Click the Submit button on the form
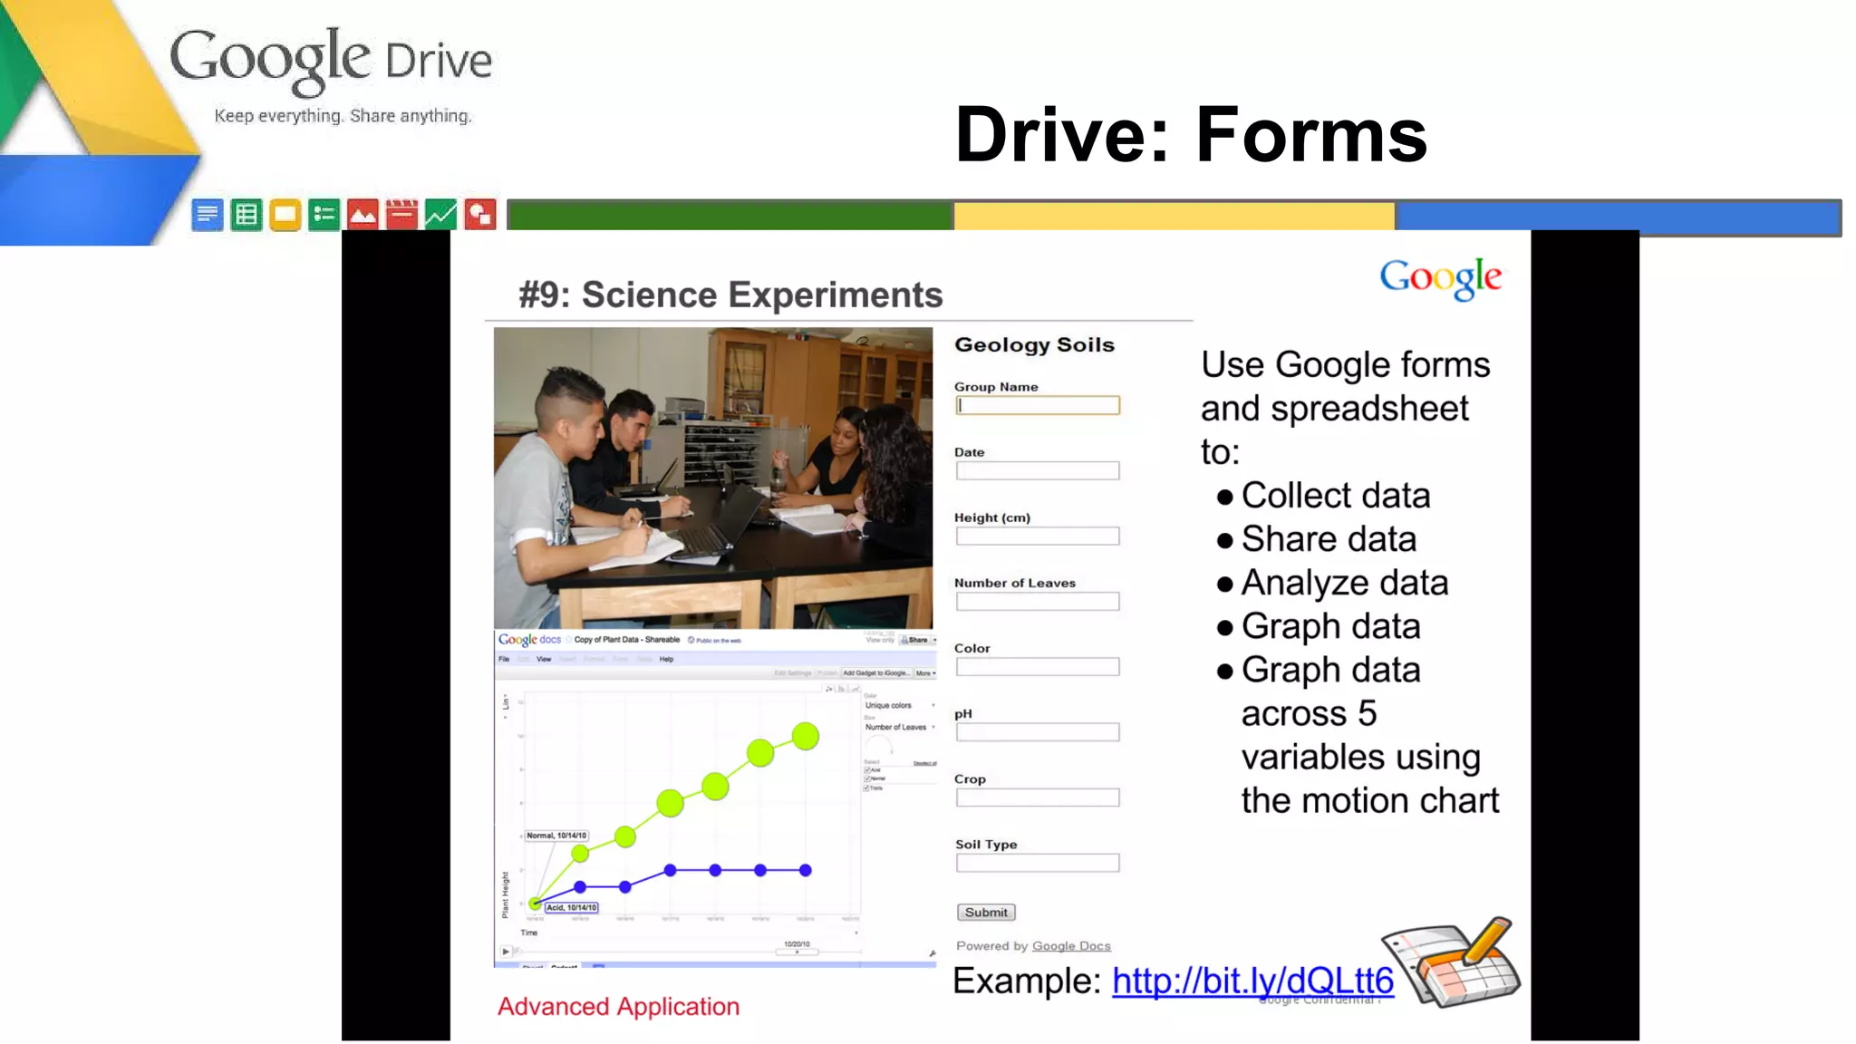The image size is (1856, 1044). [x=986, y=913]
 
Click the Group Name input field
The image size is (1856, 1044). [x=1038, y=406]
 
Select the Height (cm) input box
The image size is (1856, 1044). [x=1038, y=536]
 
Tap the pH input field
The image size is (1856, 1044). [x=1038, y=732]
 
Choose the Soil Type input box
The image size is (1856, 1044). [x=1038, y=863]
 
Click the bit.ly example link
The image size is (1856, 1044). [x=1252, y=981]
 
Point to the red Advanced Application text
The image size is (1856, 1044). [x=618, y=1007]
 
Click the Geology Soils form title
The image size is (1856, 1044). [x=1034, y=345]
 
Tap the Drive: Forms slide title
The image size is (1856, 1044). [x=1191, y=135]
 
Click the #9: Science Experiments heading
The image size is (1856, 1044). [x=730, y=295]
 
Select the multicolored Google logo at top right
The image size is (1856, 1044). [x=1440, y=278]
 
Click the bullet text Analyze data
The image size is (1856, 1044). [x=1345, y=583]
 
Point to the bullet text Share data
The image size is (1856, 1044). [x=1329, y=539]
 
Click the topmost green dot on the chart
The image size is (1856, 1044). [x=805, y=736]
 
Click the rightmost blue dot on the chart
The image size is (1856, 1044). [x=805, y=870]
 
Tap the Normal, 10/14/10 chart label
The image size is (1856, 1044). [x=556, y=836]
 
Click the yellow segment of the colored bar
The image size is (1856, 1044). [x=1174, y=217]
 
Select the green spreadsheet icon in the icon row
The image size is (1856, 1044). [x=246, y=215]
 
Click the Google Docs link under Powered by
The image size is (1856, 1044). [x=1071, y=946]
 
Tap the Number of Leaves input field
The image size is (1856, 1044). [x=1038, y=602]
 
